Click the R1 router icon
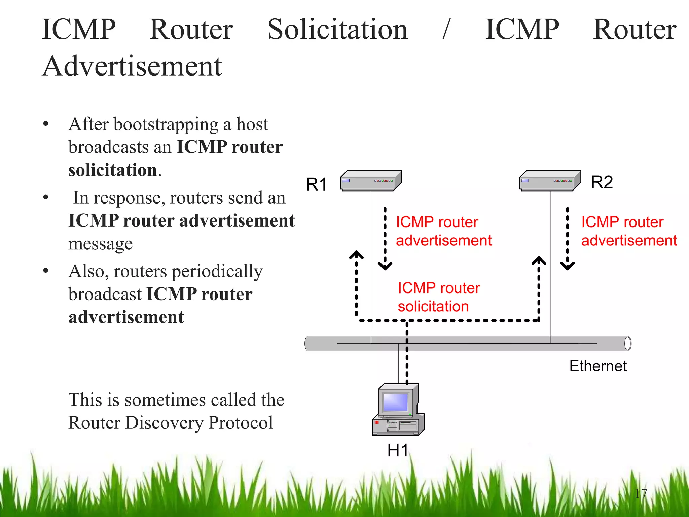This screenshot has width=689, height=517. point(371,181)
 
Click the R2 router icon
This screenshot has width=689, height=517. point(550,181)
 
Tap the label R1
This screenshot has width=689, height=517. point(316,184)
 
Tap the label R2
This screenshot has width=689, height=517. point(602,182)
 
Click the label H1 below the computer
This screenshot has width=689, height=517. point(398,450)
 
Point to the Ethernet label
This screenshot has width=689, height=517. point(598,366)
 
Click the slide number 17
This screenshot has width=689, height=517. point(641,494)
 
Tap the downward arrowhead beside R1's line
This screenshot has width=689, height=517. point(385,266)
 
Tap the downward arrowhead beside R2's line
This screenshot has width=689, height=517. point(567,266)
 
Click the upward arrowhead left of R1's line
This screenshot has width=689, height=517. point(356,255)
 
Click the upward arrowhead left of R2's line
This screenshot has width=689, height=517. point(539,261)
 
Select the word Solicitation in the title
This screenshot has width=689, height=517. point(337,30)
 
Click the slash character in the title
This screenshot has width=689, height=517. point(446,30)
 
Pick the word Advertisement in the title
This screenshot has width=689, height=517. point(132,66)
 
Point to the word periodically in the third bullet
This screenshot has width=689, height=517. point(217,272)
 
